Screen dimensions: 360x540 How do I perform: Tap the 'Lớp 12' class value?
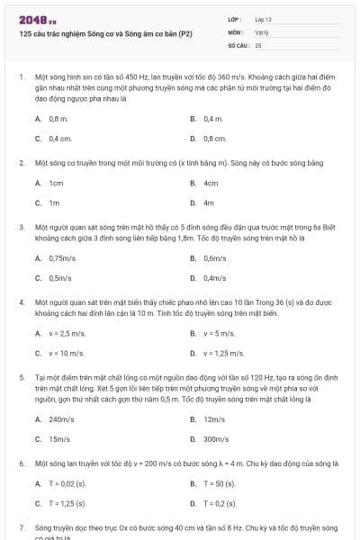[264, 18]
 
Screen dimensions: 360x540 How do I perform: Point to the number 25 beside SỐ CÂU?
[258, 44]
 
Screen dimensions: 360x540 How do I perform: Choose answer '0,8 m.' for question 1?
[58, 119]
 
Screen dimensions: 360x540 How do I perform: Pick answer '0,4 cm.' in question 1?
[59, 139]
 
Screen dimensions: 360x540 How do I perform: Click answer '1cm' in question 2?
[56, 183]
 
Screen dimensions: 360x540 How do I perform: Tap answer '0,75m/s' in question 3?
[61, 257]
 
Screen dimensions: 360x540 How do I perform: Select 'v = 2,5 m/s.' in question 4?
[66, 333]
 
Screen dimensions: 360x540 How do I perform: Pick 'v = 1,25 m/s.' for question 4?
[223, 353]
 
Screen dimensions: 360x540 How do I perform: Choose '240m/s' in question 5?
[61, 418]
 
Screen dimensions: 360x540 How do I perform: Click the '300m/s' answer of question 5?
[216, 438]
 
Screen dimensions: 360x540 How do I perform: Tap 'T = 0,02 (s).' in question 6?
[68, 483]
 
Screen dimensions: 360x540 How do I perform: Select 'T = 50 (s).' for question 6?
[220, 483]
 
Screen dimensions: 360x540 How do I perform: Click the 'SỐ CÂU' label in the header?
[238, 44]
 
